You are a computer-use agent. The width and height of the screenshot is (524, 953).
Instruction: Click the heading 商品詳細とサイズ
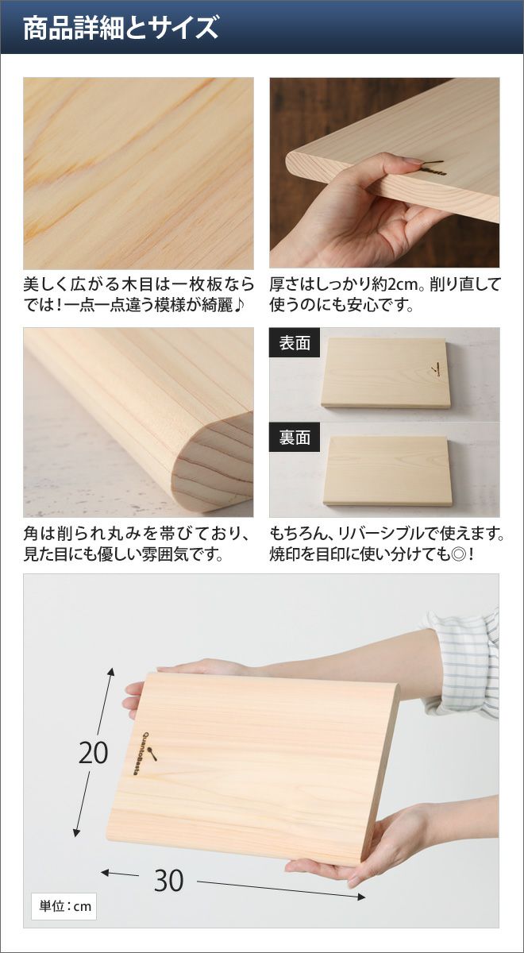coord(121,28)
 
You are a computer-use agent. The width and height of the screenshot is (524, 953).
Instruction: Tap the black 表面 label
coord(295,343)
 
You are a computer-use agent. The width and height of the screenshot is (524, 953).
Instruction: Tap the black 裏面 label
coord(295,437)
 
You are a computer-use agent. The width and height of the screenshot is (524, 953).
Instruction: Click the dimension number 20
coord(94,754)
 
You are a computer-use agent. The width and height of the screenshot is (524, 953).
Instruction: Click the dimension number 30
coord(169,880)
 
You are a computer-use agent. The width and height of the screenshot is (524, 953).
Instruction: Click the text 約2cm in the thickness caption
coord(394,284)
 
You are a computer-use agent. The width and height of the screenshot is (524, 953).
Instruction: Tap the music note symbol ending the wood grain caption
coord(240,305)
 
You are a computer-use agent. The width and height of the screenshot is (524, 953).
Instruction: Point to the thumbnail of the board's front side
coord(385,373)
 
